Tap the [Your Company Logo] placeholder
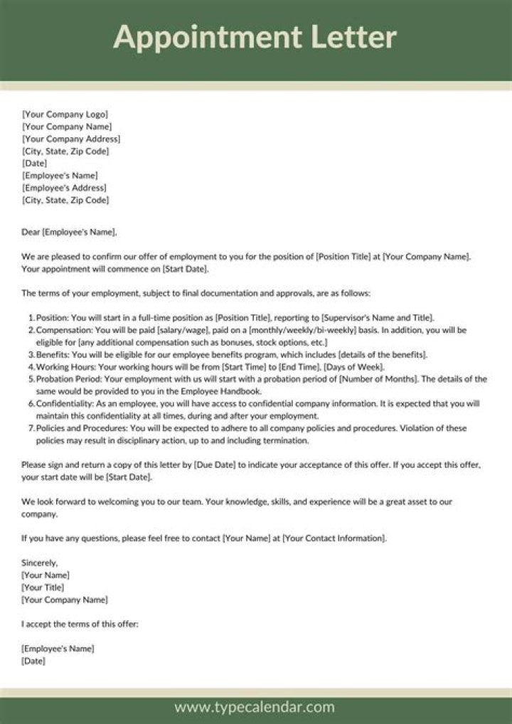pos(65,115)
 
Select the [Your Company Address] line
pos(71,139)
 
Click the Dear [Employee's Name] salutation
pos(69,232)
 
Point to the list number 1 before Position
pos(31,317)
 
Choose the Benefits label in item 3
pos(53,355)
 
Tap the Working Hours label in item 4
pos(65,367)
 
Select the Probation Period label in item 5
pos(68,379)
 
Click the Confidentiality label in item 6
pos(64,403)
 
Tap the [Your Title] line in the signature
pos(43,587)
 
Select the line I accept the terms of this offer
pos(80,624)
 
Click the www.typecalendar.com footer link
pos(255,707)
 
